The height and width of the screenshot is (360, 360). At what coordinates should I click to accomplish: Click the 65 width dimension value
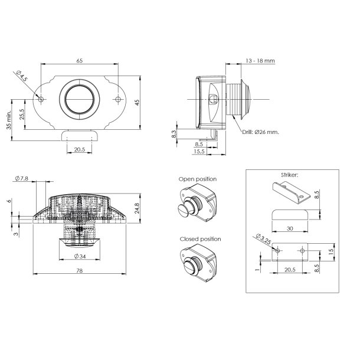click(79, 60)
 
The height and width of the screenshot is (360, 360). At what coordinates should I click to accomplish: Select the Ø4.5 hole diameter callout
click(22, 77)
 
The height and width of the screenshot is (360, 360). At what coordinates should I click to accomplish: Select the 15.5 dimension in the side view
click(199, 152)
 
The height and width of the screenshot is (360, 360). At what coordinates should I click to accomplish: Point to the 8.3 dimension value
click(174, 134)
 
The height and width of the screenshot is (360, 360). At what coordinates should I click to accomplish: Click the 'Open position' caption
click(197, 178)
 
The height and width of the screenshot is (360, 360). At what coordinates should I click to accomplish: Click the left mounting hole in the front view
click(40, 99)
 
